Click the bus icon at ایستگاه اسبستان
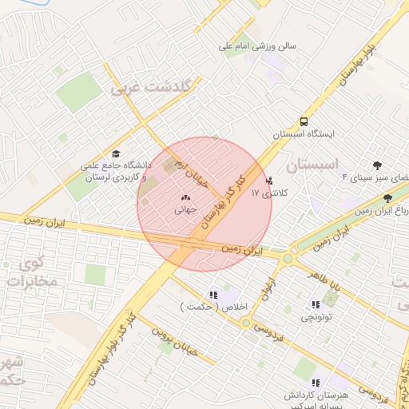tap(303, 121)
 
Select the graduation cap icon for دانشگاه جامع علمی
tap(117, 153)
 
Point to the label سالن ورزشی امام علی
tap(259, 46)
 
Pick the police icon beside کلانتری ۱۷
tap(268, 180)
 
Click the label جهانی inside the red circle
tap(185, 210)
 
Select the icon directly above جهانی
tap(185, 197)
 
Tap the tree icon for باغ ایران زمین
tap(387, 197)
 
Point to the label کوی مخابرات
tap(30, 273)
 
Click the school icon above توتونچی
tap(315, 304)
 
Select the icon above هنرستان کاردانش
tap(316, 382)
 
